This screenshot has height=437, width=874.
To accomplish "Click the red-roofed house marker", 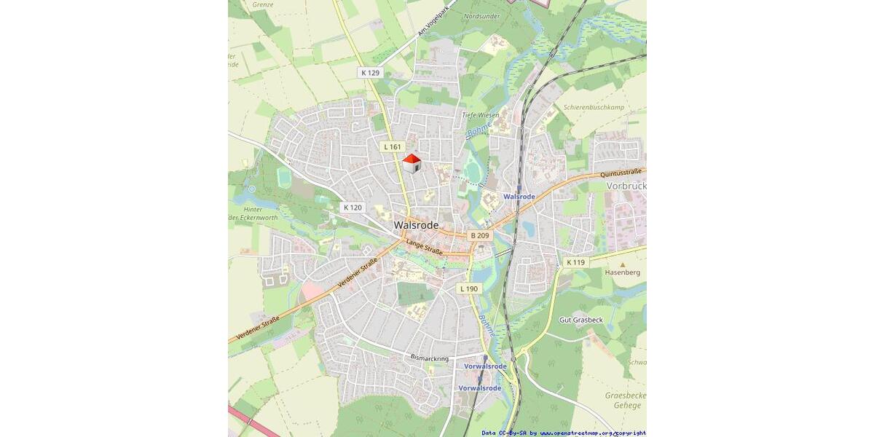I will [x=412, y=164].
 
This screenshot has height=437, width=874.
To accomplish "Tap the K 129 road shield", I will [x=370, y=73].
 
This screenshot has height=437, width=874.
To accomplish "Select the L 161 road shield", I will [x=393, y=146].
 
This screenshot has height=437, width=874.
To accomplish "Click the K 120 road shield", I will [x=353, y=208].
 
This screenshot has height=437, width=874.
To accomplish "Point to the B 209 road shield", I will [x=480, y=235].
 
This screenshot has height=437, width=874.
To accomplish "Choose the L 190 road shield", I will [x=470, y=289].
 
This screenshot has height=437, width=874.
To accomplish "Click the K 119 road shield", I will [x=575, y=262].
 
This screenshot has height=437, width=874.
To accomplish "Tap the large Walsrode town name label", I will [x=416, y=225].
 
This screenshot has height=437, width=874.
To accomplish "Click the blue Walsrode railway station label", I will [x=519, y=197].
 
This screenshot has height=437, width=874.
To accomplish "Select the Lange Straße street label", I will [x=425, y=247].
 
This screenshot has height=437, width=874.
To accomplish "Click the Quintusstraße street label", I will [x=621, y=173].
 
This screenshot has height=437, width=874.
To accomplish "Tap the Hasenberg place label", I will [x=622, y=272].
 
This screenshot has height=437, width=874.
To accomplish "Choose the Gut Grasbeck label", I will [x=580, y=320].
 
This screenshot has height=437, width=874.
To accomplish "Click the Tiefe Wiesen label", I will [x=481, y=115].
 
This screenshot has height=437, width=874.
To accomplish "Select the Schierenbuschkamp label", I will [x=594, y=107].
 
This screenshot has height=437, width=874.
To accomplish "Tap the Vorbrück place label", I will [x=626, y=186].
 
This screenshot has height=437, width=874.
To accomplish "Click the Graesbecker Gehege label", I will [x=625, y=400].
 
